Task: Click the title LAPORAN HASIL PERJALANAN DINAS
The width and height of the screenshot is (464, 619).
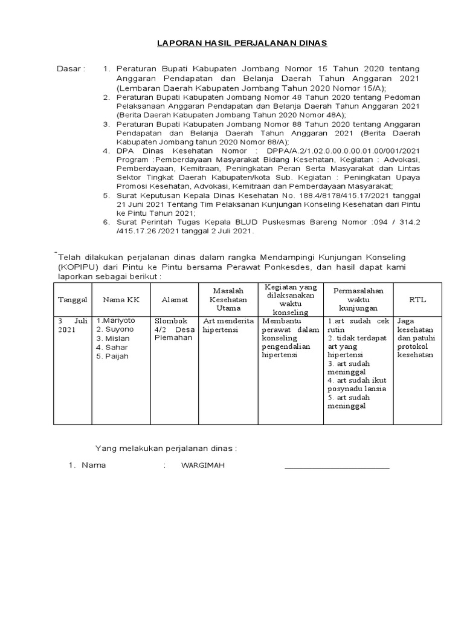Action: (242, 44)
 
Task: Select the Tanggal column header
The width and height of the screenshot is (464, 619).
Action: (72, 300)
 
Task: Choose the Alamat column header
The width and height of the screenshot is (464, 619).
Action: (175, 300)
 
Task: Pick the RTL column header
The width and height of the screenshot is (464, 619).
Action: (417, 300)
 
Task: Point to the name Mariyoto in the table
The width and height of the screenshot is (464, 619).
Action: (118, 320)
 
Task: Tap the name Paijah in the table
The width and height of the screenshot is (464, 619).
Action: (115, 357)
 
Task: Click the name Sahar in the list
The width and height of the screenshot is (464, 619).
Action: (115, 348)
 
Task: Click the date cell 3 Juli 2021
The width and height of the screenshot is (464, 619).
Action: (72, 325)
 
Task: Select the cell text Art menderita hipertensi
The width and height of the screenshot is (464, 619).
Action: (228, 325)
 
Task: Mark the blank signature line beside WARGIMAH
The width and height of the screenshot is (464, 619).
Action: (337, 467)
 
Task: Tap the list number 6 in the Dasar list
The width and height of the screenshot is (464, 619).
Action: (106, 222)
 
